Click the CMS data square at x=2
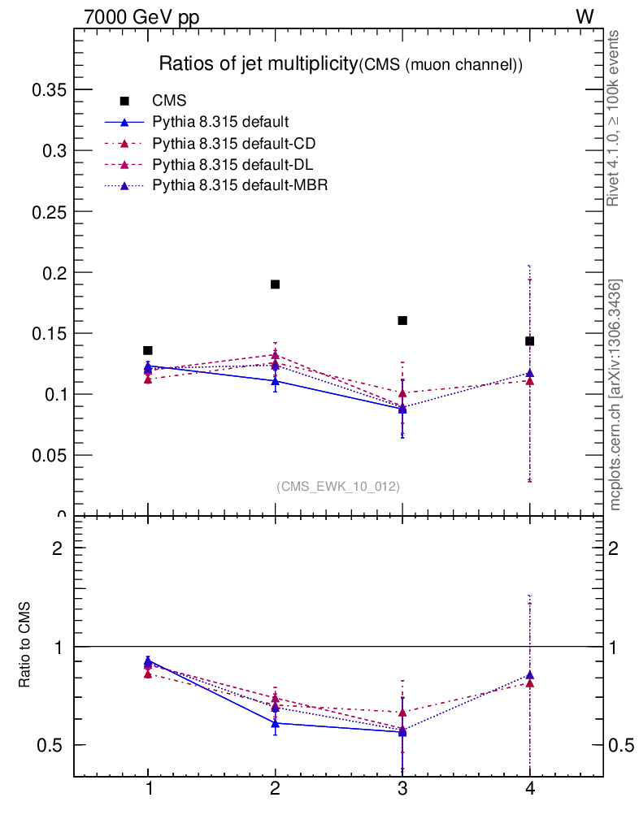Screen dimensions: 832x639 point(275,284)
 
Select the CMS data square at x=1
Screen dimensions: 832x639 point(148,350)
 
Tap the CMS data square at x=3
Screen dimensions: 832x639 point(402,320)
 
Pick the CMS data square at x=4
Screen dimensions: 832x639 point(529,341)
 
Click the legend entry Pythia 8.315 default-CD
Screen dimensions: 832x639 point(234,144)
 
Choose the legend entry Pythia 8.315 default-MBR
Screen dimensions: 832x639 point(240,185)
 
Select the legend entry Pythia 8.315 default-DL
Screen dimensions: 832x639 point(233,165)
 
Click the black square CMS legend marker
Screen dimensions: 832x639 point(124,102)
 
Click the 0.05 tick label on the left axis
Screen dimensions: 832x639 point(48,455)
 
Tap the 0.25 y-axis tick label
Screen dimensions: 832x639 point(48,211)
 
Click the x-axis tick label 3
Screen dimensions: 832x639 point(402,790)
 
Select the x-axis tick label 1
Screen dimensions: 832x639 point(148,790)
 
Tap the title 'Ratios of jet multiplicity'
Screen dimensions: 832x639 point(258,64)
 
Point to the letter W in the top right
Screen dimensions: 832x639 point(585,17)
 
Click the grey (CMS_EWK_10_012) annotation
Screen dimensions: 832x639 point(338,486)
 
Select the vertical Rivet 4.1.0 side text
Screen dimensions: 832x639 point(614,119)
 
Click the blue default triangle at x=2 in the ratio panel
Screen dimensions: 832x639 point(275,722)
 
